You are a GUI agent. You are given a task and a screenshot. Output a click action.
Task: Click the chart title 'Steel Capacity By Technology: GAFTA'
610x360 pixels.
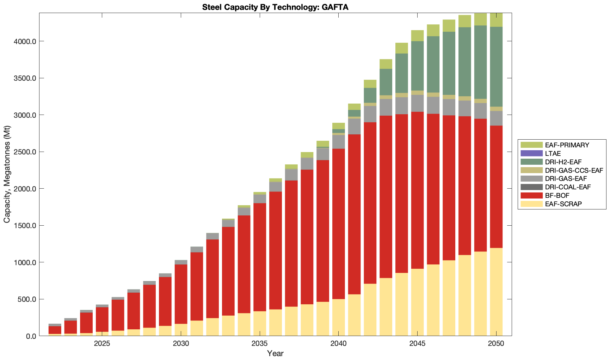tap(275, 7)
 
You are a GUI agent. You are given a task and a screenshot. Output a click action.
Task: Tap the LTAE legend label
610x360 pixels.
tap(553, 153)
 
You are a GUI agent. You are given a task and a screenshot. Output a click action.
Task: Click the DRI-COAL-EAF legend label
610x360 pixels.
tap(567, 187)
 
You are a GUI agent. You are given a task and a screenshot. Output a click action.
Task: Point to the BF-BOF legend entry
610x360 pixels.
tap(557, 196)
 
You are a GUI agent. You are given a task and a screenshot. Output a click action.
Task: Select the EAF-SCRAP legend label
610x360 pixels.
tap(563, 204)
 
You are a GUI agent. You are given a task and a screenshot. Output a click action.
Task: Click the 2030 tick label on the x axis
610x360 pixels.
tap(181, 344)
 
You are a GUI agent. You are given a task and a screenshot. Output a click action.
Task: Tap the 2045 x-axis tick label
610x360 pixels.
tap(417, 344)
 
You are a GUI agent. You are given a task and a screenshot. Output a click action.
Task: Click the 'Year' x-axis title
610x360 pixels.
tap(275, 354)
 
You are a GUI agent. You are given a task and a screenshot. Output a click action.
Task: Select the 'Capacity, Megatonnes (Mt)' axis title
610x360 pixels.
tap(7, 175)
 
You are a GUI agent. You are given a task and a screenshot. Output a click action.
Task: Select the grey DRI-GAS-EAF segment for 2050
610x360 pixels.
tap(496, 118)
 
